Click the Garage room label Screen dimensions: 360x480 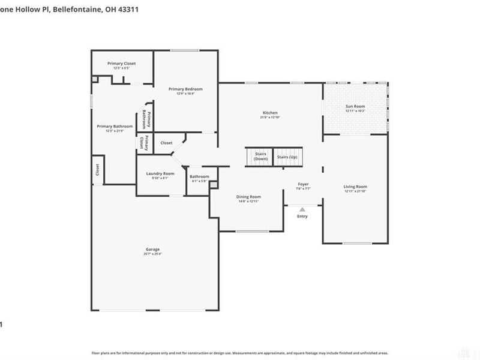[x=152, y=249]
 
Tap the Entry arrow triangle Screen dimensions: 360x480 [x=302, y=209]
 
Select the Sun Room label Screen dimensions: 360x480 [x=355, y=106]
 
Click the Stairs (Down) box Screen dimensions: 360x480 [x=260, y=157]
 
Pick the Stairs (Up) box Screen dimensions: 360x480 [x=287, y=157]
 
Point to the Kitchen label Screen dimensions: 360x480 [x=270, y=113]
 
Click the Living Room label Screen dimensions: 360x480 [x=355, y=187]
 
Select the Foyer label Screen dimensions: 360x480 [x=304, y=184]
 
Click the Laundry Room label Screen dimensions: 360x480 [x=160, y=173]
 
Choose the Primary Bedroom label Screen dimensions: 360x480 [x=185, y=89]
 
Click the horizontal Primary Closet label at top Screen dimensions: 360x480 [x=122, y=64]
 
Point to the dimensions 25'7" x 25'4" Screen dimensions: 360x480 [x=152, y=254]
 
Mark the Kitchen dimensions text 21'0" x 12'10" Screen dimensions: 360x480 [x=270, y=117]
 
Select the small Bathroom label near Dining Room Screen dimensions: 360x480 [x=199, y=176]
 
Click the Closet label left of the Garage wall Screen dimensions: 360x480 [x=97, y=170]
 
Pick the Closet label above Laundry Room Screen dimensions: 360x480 [x=166, y=143]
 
